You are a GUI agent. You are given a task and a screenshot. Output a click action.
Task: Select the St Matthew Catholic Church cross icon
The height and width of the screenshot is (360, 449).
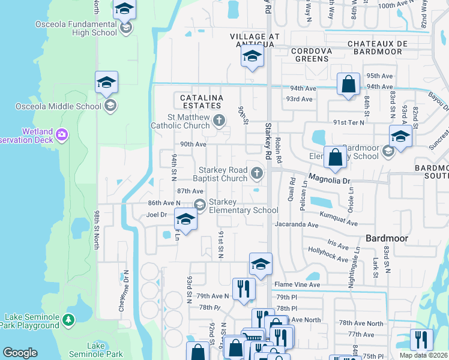[219, 121]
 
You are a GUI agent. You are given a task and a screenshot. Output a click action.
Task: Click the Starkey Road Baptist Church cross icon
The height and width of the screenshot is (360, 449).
[257, 174]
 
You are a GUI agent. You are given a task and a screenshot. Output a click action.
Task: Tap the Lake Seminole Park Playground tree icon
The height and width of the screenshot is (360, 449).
[69, 320]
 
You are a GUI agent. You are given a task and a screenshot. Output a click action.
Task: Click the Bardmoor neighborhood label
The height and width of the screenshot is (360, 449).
[387, 238]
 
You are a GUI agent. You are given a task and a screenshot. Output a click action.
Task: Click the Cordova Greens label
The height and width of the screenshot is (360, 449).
[312, 55]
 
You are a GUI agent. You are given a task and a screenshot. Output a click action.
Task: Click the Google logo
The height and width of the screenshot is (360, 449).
[20, 353]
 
